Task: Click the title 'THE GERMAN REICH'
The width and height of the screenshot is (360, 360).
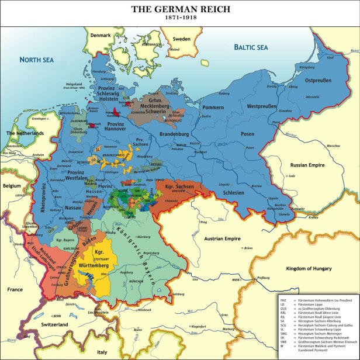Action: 180,9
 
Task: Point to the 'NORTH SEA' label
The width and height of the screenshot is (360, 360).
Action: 37,60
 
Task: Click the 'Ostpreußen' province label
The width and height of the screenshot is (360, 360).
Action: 319,79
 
